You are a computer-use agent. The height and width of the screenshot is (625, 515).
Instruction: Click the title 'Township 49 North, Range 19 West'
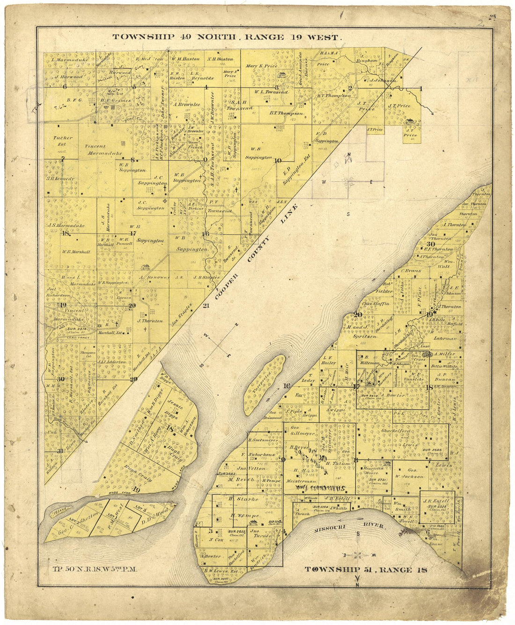(227, 37)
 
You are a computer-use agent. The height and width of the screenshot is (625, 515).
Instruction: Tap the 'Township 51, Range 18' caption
(367, 570)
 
